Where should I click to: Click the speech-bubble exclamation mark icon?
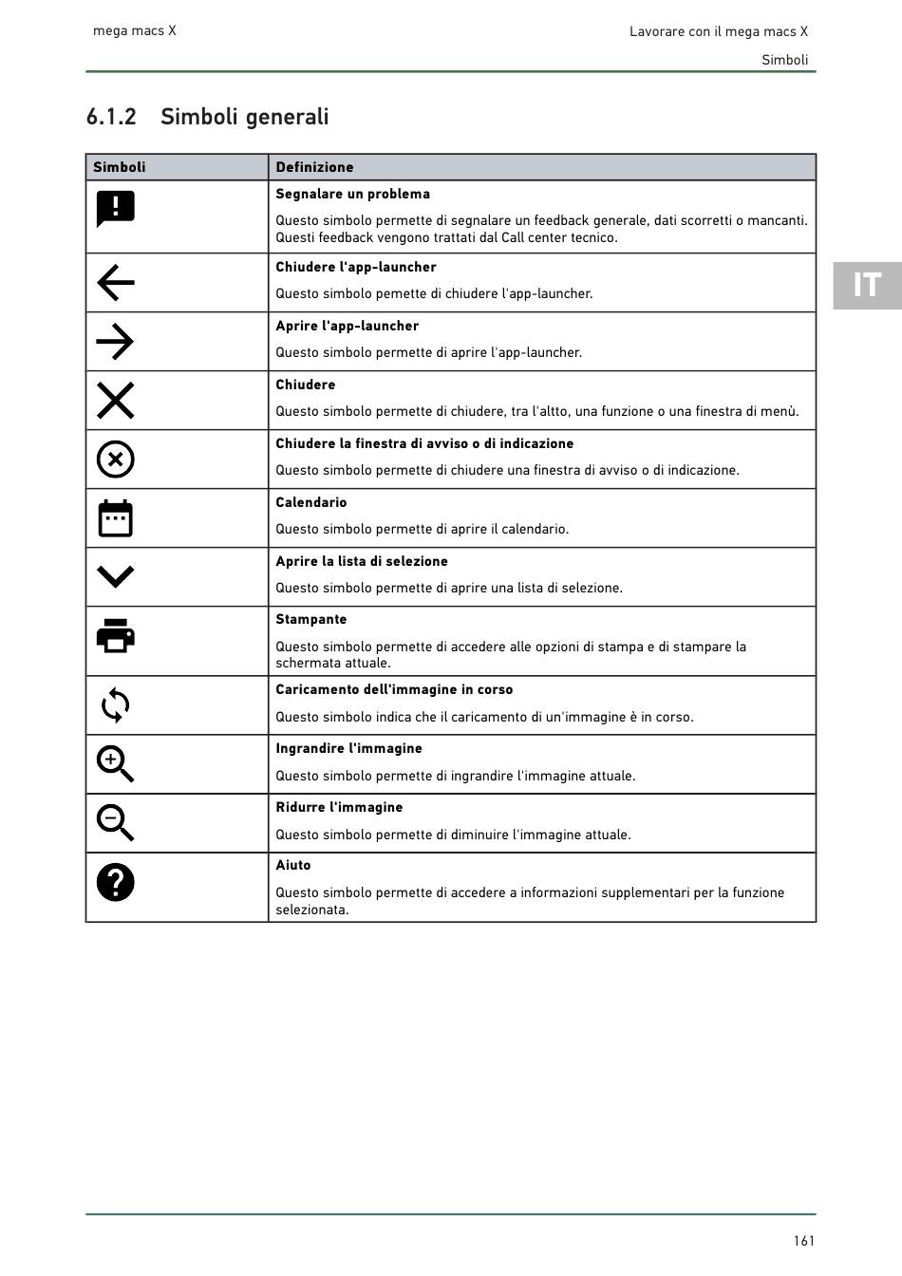[x=115, y=209]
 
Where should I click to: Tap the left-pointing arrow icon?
[x=115, y=283]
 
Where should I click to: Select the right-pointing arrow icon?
[x=115, y=342]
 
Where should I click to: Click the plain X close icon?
[x=115, y=401]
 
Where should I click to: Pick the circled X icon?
[x=115, y=460]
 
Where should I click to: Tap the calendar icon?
[x=115, y=518]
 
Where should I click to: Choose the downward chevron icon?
[x=115, y=576]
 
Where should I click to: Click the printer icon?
[x=115, y=635]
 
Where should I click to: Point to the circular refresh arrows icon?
[x=115, y=705]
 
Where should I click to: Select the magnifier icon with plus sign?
[x=115, y=764]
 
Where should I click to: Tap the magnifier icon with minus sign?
[x=115, y=823]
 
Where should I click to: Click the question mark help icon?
[x=115, y=883]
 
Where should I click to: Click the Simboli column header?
[x=120, y=167]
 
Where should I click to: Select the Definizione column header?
[x=314, y=167]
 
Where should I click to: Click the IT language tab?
[x=867, y=285]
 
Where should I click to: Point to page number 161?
[x=804, y=1241]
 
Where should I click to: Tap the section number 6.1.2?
[x=111, y=117]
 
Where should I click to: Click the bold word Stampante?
[x=311, y=619]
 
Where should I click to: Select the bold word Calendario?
[x=311, y=502]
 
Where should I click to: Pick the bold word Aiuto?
[x=293, y=865]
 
